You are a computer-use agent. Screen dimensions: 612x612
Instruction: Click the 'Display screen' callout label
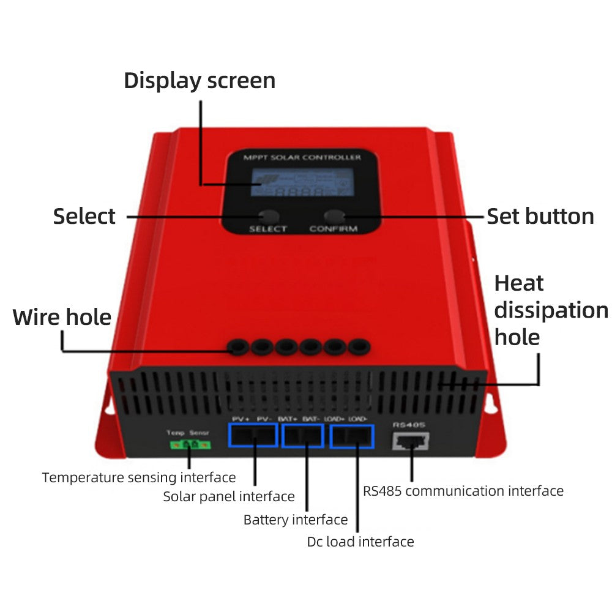200,81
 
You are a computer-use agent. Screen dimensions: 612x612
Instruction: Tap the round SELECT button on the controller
267,216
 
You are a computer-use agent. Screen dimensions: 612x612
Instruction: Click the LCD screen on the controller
300,184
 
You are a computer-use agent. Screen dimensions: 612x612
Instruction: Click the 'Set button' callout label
540,216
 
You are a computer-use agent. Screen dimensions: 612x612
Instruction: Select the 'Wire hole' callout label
62,318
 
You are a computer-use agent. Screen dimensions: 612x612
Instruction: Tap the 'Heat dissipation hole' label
550,310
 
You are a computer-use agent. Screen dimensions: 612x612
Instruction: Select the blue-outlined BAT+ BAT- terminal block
303,435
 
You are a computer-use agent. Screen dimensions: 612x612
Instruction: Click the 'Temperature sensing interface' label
139,477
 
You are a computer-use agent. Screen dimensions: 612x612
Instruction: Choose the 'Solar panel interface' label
229,496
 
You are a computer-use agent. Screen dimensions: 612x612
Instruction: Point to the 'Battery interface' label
296,520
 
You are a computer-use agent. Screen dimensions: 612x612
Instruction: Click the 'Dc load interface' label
360,542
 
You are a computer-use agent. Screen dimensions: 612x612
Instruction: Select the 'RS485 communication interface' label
463,491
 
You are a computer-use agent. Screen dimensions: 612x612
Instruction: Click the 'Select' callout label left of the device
84,217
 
